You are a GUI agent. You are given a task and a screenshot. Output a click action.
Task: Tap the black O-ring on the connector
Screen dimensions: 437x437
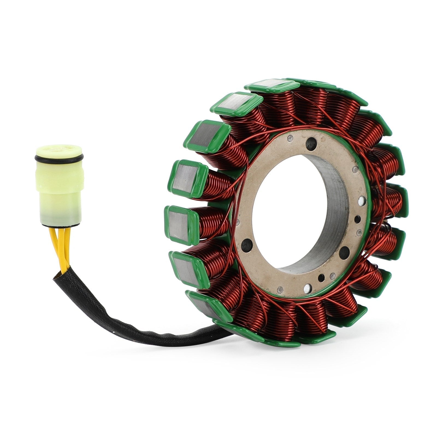(59, 158)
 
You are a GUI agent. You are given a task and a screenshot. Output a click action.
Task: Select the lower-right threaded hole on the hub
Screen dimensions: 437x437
(346, 250)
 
